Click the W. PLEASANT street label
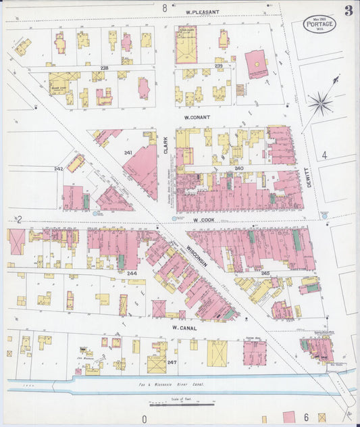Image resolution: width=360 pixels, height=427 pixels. click(203, 12)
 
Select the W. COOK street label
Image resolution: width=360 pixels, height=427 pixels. click(203, 220)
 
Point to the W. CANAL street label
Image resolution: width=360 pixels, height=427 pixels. click(183, 328)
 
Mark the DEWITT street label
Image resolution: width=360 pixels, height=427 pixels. click(315, 178)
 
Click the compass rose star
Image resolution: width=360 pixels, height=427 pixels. click(320, 103)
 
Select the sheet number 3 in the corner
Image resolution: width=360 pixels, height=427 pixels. click(348, 11)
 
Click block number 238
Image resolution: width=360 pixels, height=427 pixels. click(104, 68)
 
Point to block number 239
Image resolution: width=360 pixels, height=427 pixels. click(218, 66)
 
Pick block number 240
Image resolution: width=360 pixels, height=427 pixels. click(238, 168)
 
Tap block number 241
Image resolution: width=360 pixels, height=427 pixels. click(128, 153)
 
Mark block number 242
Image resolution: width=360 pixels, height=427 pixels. click(58, 169)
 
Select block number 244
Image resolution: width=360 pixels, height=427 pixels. click(132, 274)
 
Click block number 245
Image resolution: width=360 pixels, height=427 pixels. click(265, 274)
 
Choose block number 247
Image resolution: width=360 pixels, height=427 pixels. click(172, 363)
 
